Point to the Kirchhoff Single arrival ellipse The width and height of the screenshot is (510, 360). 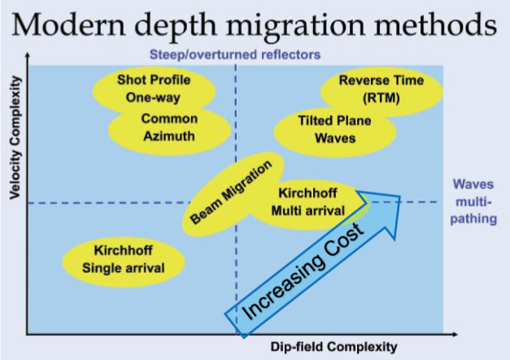click(123, 259)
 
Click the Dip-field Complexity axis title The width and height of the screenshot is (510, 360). click(333, 347)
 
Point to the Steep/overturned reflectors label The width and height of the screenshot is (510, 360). click(235, 55)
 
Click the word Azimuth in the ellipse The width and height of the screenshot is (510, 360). click(169, 136)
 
